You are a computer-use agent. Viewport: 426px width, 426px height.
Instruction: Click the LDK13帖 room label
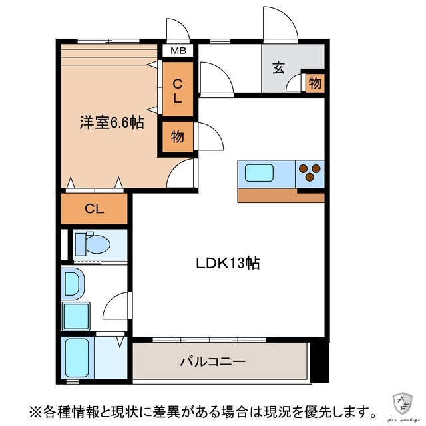point(228,263)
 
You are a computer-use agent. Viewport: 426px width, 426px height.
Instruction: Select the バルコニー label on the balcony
point(213,362)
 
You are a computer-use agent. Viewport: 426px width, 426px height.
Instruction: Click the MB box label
point(178,51)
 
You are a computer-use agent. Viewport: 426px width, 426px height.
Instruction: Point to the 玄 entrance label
point(279,67)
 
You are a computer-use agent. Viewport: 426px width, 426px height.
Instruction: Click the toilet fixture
point(92,244)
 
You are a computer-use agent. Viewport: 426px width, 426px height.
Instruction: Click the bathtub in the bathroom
point(78,359)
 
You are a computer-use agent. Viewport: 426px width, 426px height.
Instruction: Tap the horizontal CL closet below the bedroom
point(94,208)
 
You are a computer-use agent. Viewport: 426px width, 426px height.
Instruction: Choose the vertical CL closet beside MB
point(178,91)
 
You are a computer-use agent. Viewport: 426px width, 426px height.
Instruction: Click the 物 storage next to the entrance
point(315,83)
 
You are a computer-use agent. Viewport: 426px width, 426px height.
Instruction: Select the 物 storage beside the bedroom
point(178,137)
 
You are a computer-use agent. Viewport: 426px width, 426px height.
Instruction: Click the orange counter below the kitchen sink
point(280,196)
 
